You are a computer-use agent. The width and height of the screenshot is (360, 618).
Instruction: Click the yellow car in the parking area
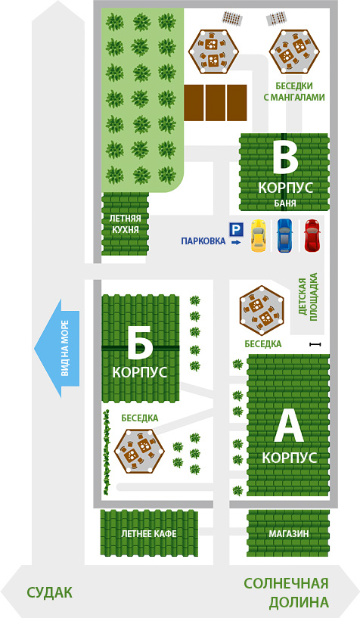pyautogui.click(x=259, y=236)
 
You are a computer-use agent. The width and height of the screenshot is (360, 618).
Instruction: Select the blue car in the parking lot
pyautogui.click(x=285, y=235)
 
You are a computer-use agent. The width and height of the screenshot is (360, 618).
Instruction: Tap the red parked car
pyautogui.click(x=312, y=235)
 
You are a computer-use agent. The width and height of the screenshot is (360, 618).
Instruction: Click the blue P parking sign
pyautogui.click(x=237, y=229)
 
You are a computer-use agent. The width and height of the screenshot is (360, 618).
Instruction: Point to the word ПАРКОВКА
pyautogui.click(x=203, y=241)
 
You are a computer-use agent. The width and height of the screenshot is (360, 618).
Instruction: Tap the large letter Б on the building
pyautogui.click(x=140, y=344)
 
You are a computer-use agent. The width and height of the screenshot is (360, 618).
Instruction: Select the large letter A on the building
pyautogui.click(x=289, y=427)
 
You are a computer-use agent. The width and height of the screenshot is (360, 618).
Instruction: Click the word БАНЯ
pyautogui.click(x=285, y=203)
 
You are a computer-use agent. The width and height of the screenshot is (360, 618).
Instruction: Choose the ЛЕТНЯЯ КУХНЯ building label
pyautogui.click(x=125, y=224)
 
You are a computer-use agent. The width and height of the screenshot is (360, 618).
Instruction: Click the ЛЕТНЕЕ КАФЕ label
pyautogui.click(x=148, y=534)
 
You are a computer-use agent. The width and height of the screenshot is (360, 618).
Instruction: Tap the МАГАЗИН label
pyautogui.click(x=289, y=534)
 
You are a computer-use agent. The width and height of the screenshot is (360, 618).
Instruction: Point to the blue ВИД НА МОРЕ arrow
pyautogui.click(x=57, y=349)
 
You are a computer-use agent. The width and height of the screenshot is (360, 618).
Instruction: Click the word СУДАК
pyautogui.click(x=50, y=592)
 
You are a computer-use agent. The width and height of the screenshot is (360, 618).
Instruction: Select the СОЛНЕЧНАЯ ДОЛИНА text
pyautogui.click(x=287, y=592)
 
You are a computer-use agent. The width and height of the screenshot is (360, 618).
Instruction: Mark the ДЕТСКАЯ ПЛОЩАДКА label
pyautogui.click(x=308, y=297)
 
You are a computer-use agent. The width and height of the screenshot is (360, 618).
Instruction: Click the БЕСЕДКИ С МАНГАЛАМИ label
pyautogui.click(x=294, y=92)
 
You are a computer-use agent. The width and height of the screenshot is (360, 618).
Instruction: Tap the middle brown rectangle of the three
pyautogui.click(x=216, y=102)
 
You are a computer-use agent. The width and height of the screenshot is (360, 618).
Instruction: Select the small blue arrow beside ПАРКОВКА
pyautogui.click(x=236, y=242)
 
